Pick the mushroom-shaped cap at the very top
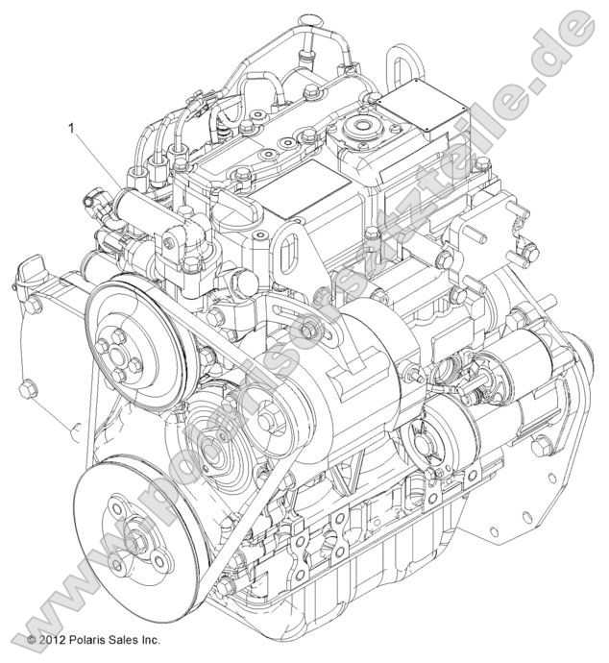pos(310,21)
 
